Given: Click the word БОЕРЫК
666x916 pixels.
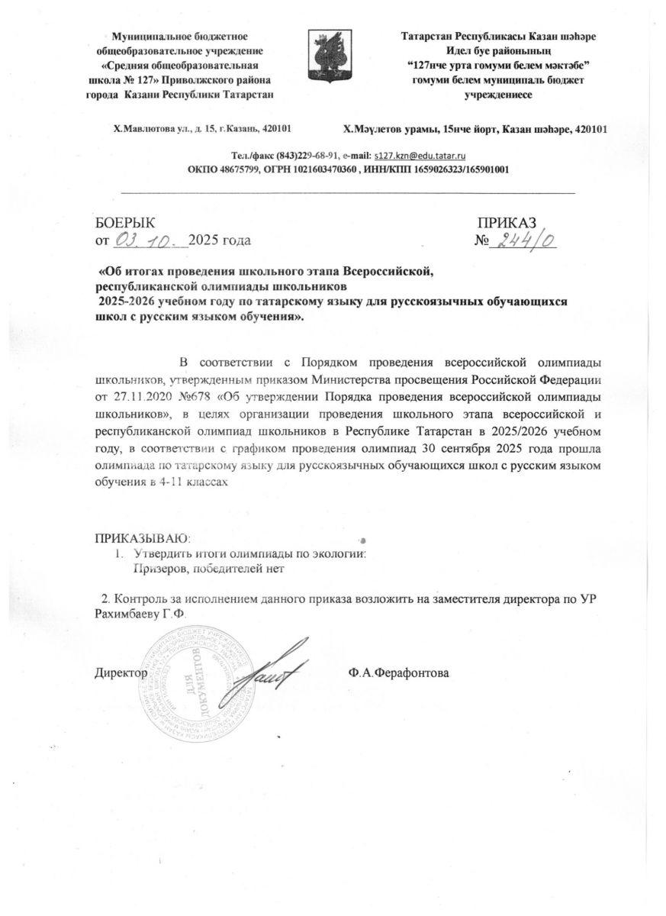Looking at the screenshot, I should pos(124,222).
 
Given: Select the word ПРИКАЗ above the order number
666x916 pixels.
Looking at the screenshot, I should pos(507,222).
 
